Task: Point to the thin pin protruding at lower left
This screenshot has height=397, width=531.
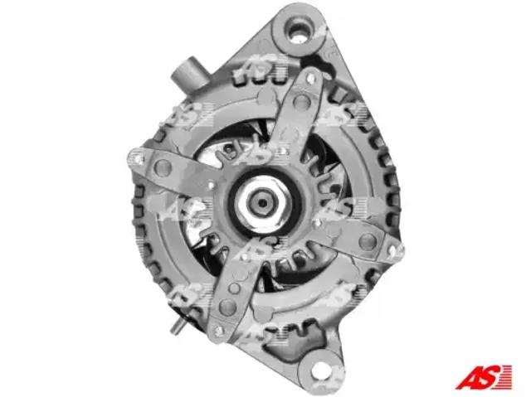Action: pyautogui.click(x=178, y=327)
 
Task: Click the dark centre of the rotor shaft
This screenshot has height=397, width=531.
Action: pyautogui.click(x=262, y=203)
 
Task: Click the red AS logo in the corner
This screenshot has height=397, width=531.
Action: pyautogui.click(x=484, y=376)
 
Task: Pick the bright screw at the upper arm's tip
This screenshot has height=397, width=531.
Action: pyautogui.click(x=310, y=78)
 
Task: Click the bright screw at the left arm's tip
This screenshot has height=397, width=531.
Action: pyautogui.click(x=138, y=157)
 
